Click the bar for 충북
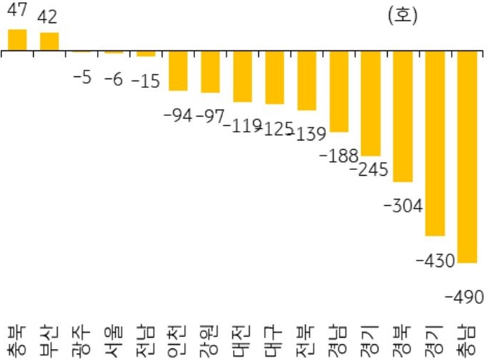coord(17,40)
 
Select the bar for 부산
coord(50,42)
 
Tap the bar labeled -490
coord(468,157)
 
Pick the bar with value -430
coord(435,143)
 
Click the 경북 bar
coord(403,117)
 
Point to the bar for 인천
coord(178,71)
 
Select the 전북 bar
coord(307,81)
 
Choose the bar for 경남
coord(339,91)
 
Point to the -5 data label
coord(82,78)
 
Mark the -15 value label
coord(145,81)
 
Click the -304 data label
coord(403,206)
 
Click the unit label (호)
coord(402,15)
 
